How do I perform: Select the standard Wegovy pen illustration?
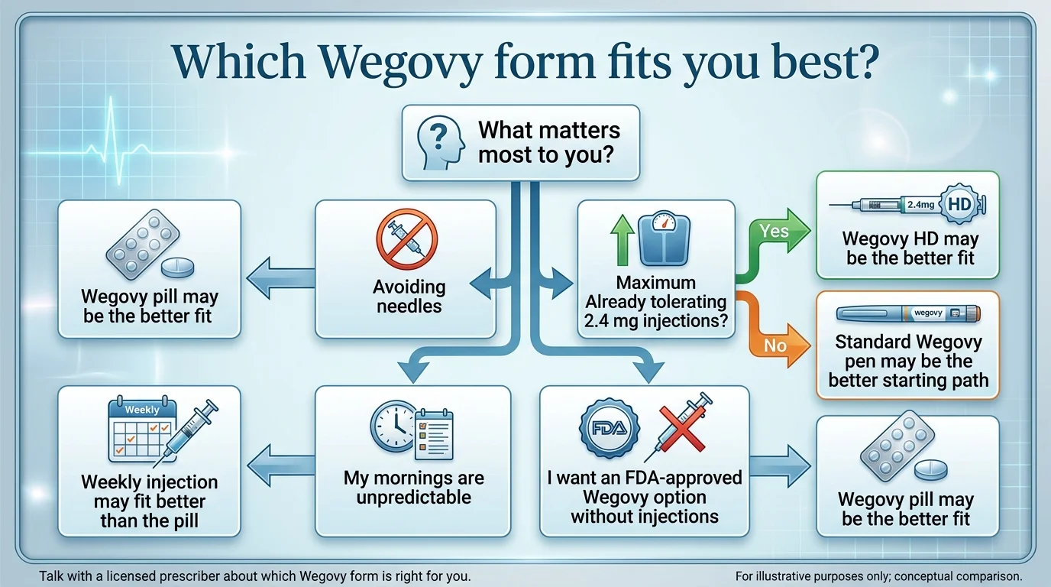tap(908, 313)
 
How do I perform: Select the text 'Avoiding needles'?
tap(409, 297)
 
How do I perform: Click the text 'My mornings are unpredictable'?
tap(413, 488)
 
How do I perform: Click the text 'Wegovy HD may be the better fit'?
tap(910, 248)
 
